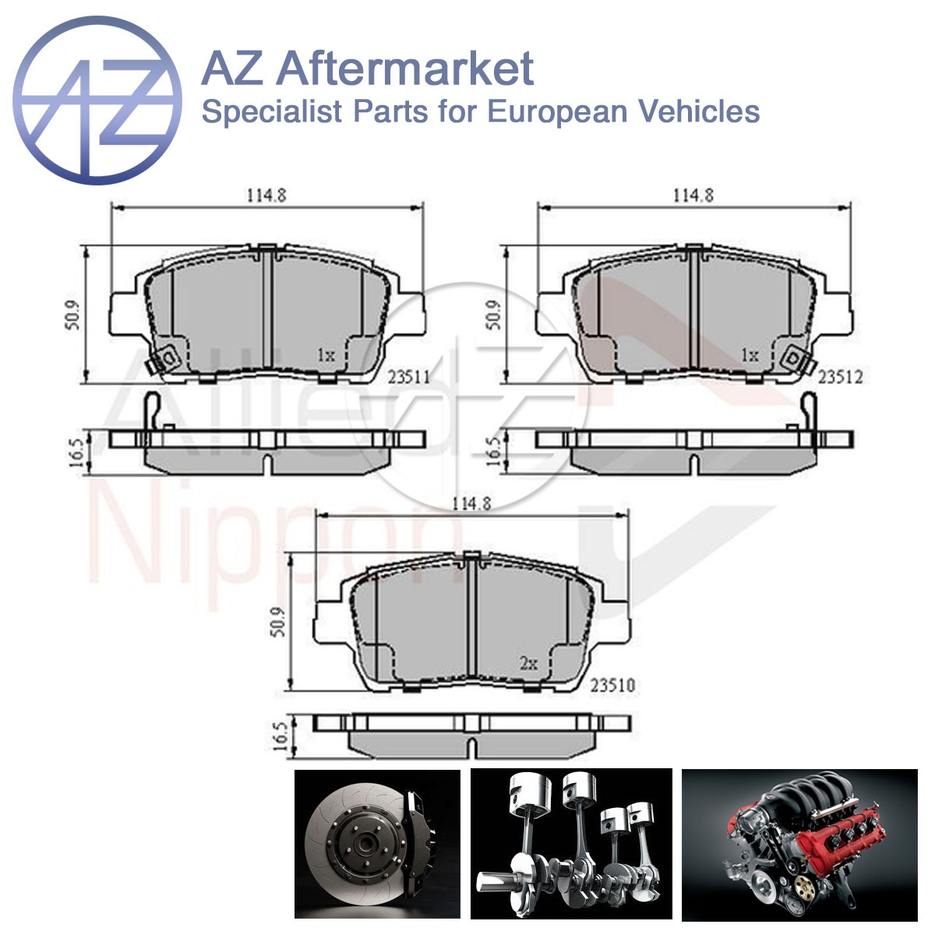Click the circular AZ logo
97,101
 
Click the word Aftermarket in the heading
404,69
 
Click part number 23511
408,377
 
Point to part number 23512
841,377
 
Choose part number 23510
613,685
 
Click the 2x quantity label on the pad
529,663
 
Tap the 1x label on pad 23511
326,355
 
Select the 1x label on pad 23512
750,355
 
